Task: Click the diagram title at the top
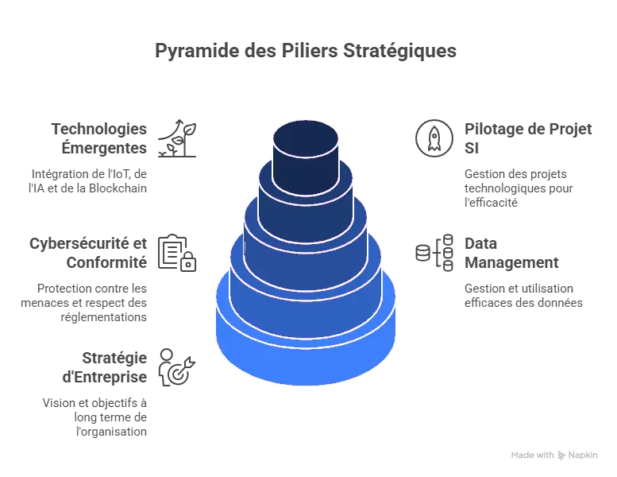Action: [x=305, y=50]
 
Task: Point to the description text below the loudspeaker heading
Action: [x=523, y=297]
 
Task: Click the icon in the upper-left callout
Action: [x=182, y=134]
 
